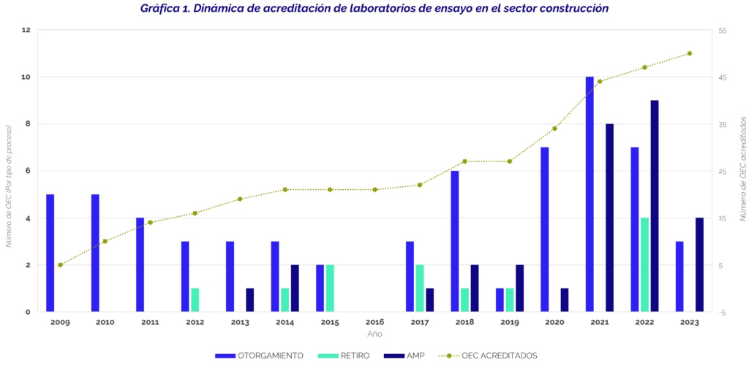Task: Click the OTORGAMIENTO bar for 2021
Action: pos(590,194)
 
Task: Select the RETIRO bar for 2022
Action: pos(644,264)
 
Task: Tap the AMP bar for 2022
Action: pos(655,206)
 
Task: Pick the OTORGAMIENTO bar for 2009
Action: pos(50,253)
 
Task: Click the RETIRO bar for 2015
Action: pos(330,288)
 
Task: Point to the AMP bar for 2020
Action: pos(565,299)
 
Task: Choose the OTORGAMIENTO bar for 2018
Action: pos(455,241)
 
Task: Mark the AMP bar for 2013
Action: pos(249,299)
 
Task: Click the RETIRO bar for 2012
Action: pos(195,299)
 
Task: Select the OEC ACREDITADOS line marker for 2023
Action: pos(690,53)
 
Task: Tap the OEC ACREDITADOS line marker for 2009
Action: pos(60,265)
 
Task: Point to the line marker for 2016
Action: pos(374,190)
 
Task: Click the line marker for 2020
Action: pos(554,129)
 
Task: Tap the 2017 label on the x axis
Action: pos(419,322)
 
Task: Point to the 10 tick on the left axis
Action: pos(26,77)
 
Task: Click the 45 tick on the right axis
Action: pos(722,77)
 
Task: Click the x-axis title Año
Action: pos(374,334)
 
